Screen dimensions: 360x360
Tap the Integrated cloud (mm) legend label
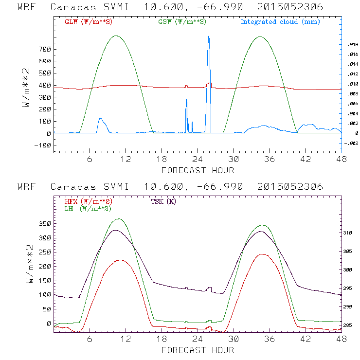pos(280,22)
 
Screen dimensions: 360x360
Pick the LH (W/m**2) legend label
pos(88,208)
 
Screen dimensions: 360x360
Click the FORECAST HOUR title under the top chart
pos(198,170)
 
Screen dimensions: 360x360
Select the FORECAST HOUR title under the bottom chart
pos(198,350)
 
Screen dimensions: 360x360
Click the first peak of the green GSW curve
pos(116,36)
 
